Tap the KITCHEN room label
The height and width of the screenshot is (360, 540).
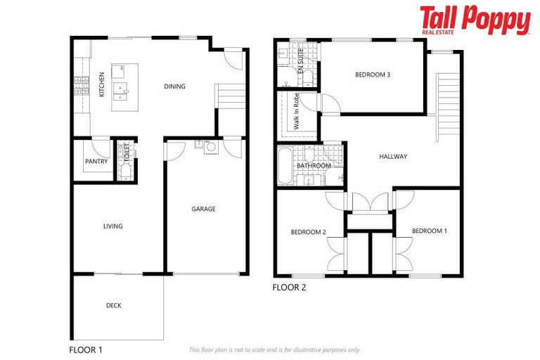102,84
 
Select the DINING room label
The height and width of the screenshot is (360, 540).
174,87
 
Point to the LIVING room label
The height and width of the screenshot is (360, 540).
112,226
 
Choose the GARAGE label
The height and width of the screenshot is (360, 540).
204,209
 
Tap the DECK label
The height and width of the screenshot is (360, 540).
113,306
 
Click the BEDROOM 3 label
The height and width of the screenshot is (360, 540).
373,75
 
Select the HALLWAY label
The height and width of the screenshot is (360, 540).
393,156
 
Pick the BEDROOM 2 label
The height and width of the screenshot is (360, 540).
308,231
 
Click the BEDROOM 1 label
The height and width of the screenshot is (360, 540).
428,231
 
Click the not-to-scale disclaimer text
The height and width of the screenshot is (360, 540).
275,349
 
